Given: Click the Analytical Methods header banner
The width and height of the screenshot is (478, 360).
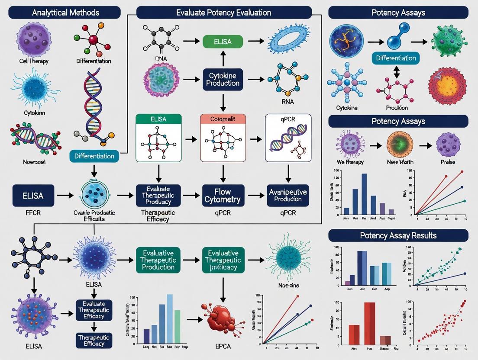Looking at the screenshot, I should [65, 12].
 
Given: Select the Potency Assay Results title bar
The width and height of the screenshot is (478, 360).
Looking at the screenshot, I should [398, 235].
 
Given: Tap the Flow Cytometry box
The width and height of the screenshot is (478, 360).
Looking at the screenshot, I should [223, 196].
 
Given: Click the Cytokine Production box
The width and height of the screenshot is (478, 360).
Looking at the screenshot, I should [223, 79].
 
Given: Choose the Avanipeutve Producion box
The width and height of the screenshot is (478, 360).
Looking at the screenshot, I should [287, 196].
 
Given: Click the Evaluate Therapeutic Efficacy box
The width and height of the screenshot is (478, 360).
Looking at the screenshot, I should [94, 310].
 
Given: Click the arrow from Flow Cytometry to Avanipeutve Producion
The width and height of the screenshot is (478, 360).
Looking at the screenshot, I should [255, 196].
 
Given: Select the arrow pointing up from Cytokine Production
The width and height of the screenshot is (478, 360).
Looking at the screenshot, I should [223, 56].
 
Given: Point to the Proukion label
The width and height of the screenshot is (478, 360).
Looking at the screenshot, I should [396, 107].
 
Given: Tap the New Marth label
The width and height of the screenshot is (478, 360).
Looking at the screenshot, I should [400, 162].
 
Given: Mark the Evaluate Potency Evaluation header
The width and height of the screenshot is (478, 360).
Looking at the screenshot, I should [224, 12].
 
